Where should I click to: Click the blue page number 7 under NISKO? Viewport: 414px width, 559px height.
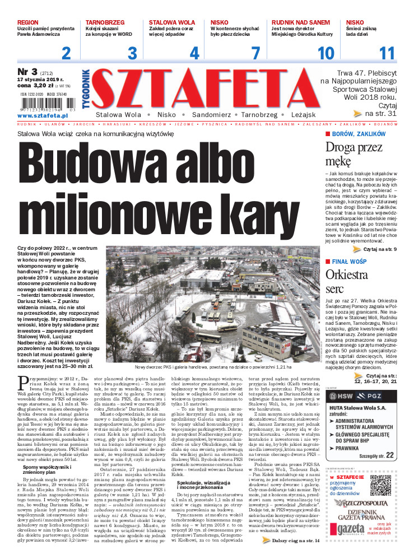tap(255, 54)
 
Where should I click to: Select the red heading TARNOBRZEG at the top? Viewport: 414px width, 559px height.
tap(105, 23)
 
